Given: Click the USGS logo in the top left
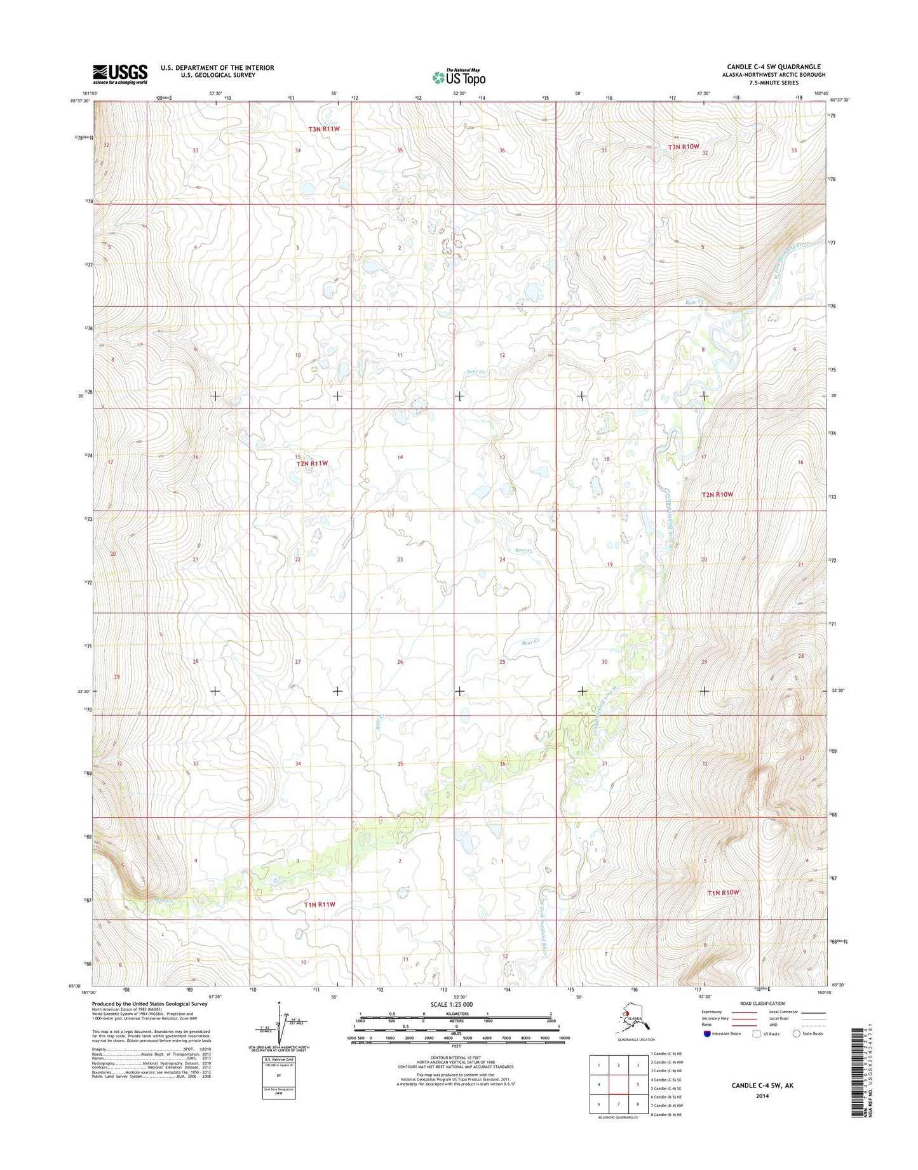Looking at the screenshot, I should pyautogui.click(x=120, y=74).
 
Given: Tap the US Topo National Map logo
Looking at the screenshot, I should pyautogui.click(x=459, y=77).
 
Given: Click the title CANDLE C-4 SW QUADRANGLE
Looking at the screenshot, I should pyautogui.click(x=773, y=67).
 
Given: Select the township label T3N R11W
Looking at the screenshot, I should pyautogui.click(x=325, y=129).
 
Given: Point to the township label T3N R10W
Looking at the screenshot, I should pyautogui.click(x=684, y=147).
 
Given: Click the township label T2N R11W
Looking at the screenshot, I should pyautogui.click(x=313, y=464).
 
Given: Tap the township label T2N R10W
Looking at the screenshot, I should pyautogui.click(x=717, y=494).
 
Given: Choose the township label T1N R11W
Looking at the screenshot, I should pyautogui.click(x=319, y=904).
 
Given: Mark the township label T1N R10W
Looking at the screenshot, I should pyautogui.click(x=724, y=892).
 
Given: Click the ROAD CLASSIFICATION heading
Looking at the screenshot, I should pyautogui.click(x=762, y=1004).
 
